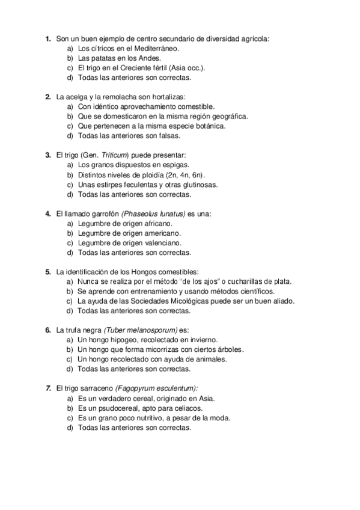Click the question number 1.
tap(47, 39)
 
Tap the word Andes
tap(151, 58)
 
